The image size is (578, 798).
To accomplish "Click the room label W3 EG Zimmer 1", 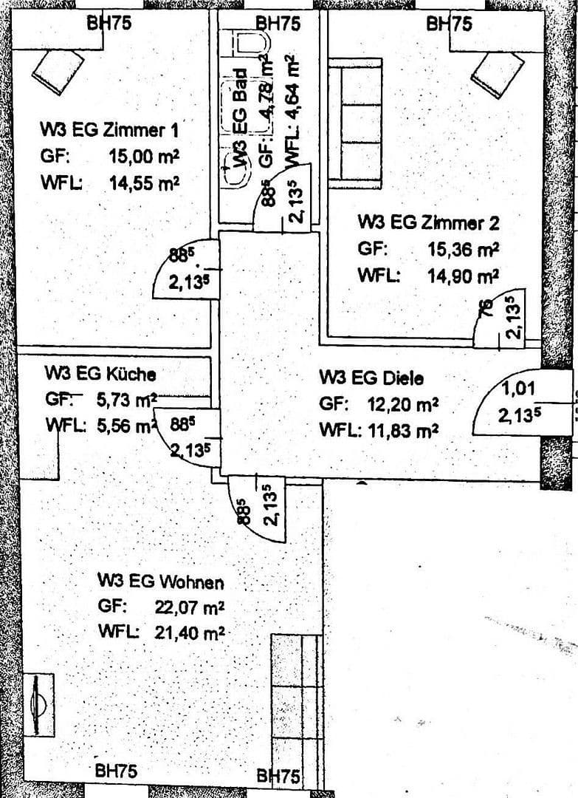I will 109,130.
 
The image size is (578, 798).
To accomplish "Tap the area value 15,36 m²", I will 463,249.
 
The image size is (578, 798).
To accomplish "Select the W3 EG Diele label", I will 371,378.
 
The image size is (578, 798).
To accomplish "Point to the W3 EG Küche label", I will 100,372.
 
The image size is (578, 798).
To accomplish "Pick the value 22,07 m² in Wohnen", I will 189,607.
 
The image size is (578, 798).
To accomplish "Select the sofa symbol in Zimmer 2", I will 354,122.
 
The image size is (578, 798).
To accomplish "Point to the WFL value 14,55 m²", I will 144,183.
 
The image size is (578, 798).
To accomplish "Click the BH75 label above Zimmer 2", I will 449,24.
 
